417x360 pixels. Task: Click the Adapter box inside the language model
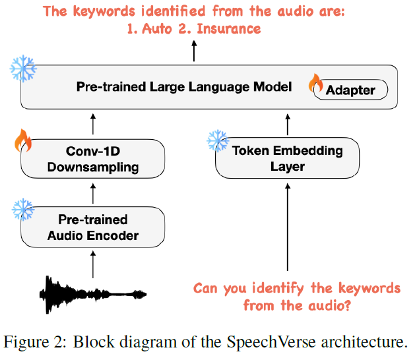pos(350,90)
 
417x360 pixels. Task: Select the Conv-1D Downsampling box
pos(92,159)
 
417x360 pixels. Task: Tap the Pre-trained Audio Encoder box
pos(92,226)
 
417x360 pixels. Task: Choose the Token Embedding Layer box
pos(287,158)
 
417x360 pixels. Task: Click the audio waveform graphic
pos(93,292)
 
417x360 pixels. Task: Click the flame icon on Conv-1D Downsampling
pos(23,140)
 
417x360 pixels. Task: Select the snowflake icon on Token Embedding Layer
pos(217,140)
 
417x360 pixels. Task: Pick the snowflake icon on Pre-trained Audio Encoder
pos(23,210)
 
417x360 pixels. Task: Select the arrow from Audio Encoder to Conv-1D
pos(92,193)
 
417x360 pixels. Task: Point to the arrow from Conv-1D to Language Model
pos(92,123)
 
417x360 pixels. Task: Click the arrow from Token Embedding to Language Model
pos(287,123)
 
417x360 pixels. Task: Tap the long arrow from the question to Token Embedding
pos(287,227)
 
